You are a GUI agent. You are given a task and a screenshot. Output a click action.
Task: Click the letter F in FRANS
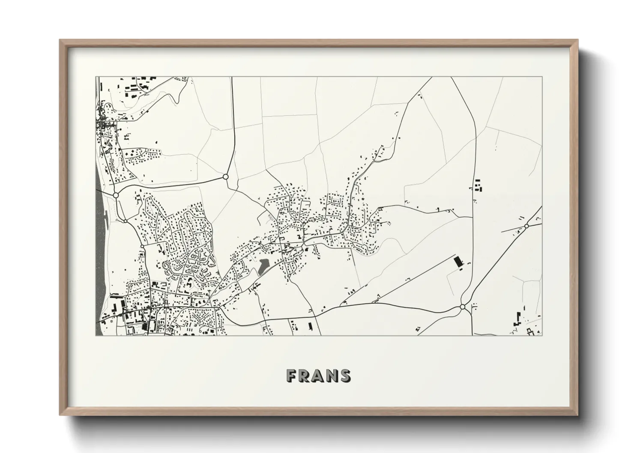tap(292, 376)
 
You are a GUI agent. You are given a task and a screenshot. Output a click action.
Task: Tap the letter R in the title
tap(305, 376)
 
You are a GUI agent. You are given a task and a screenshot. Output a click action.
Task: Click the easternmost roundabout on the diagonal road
tap(526, 226)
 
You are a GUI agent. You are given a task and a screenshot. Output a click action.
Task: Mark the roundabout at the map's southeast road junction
tap(462, 307)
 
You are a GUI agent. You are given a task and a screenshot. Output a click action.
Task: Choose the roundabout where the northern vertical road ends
tap(225, 176)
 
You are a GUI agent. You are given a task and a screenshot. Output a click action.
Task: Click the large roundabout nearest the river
tap(116, 195)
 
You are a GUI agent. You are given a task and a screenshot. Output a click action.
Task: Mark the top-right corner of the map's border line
tap(542, 77)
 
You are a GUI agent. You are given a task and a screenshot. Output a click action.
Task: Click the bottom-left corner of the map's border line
tap(96, 335)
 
